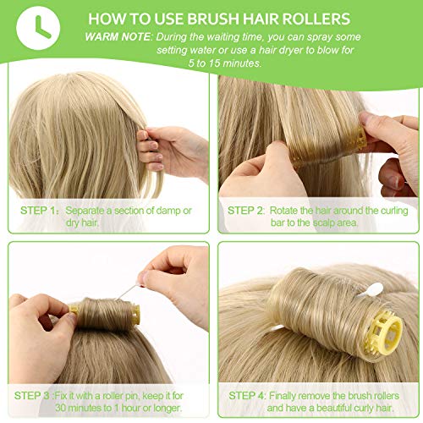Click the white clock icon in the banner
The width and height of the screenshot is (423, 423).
(x=38, y=28)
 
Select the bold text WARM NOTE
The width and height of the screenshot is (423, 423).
(x=118, y=37)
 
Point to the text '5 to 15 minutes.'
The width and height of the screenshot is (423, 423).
(x=225, y=63)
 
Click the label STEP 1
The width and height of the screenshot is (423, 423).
(x=38, y=211)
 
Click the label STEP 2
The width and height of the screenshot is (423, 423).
(x=245, y=211)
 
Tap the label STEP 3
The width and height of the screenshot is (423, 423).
(x=32, y=396)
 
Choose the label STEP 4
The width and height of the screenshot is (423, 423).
(x=246, y=396)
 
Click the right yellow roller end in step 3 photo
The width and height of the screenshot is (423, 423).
(x=135, y=315)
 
